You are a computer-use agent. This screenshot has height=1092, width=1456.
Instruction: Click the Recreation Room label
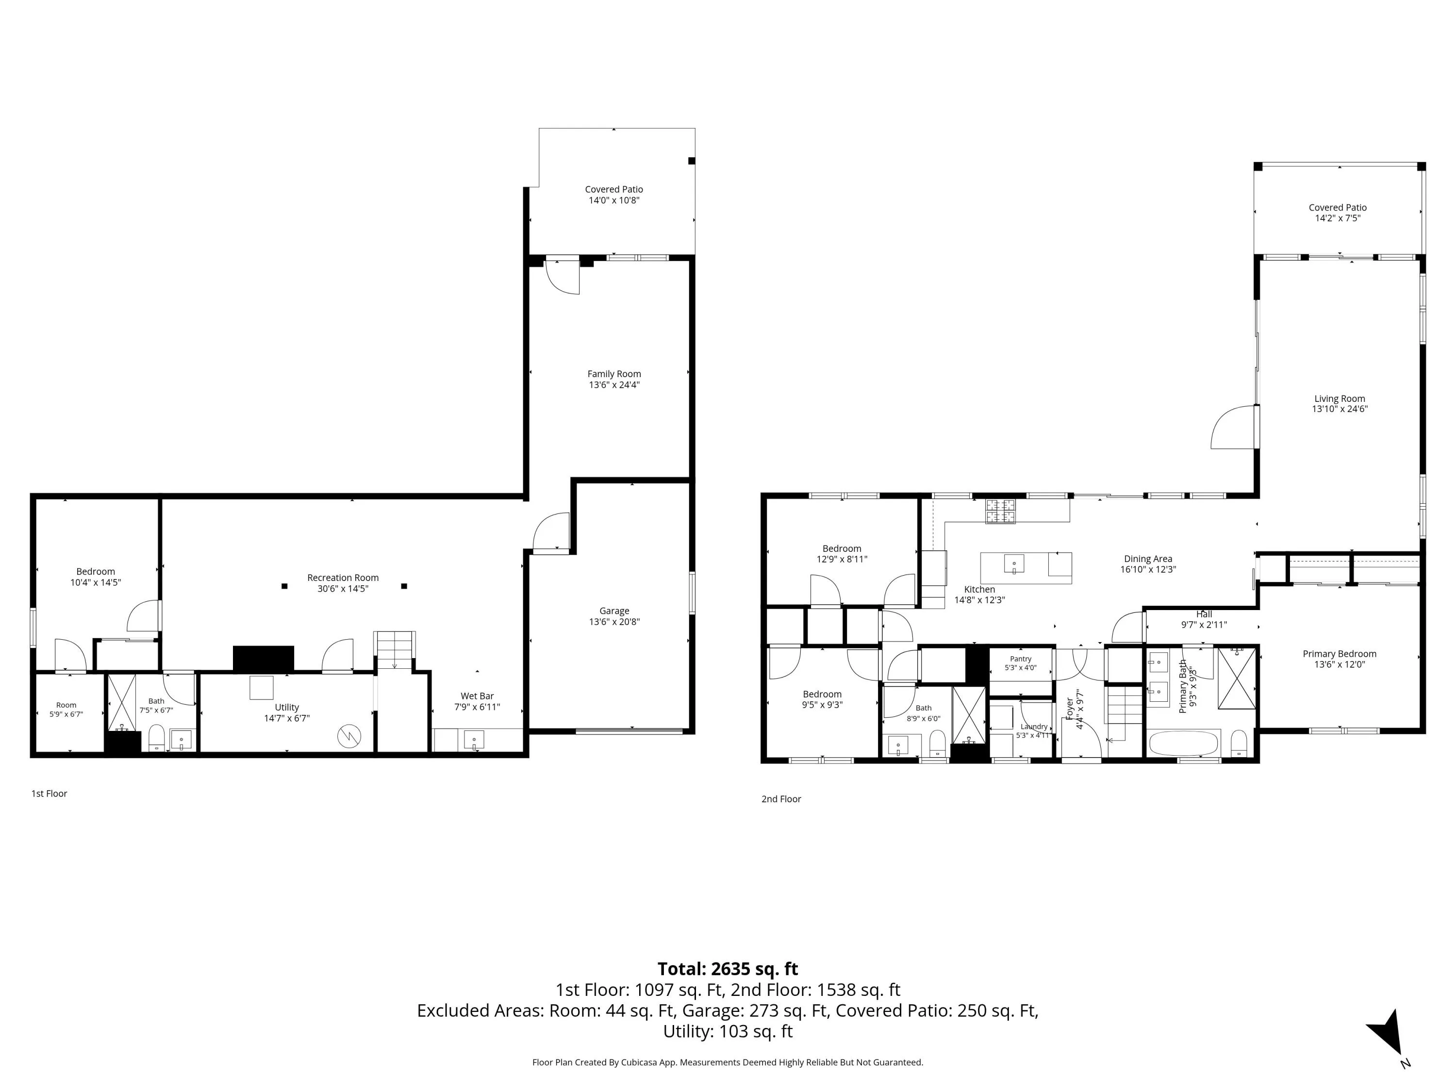click(x=343, y=578)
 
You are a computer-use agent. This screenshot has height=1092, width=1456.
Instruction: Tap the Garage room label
click(x=614, y=611)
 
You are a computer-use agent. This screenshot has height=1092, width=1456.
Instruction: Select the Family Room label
click(x=614, y=374)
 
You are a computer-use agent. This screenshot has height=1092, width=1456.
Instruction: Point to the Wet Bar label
click(x=477, y=696)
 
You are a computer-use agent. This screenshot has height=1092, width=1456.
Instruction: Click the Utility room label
click(x=287, y=708)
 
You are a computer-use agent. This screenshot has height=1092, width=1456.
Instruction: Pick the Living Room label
click(x=1340, y=398)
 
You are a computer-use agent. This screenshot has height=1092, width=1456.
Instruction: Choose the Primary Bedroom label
click(x=1340, y=654)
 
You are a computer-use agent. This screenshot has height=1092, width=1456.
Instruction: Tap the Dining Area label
click(x=1148, y=559)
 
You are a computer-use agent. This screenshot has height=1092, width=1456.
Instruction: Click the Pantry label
click(x=1021, y=659)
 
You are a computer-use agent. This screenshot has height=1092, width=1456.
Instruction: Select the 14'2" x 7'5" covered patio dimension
click(x=1338, y=218)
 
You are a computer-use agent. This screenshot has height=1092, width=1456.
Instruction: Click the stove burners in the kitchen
click(x=1000, y=512)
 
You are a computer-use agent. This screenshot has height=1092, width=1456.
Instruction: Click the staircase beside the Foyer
click(x=1124, y=705)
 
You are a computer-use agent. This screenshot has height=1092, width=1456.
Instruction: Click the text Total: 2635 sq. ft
click(x=728, y=969)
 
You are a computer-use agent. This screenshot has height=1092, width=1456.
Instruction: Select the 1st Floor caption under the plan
click(x=50, y=793)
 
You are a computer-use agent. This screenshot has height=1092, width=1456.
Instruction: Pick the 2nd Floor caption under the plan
click(x=781, y=798)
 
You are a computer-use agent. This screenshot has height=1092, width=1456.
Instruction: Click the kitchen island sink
click(x=1014, y=564)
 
